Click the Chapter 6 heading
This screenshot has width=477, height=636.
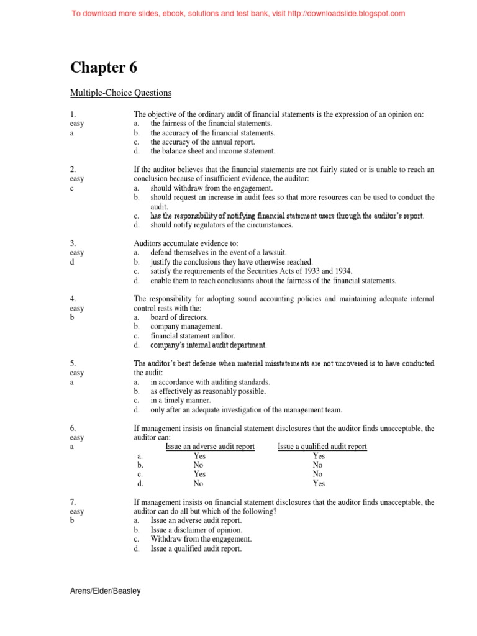pos(104,67)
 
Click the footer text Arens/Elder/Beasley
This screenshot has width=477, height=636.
pos(104,591)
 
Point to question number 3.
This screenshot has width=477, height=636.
pos(73,243)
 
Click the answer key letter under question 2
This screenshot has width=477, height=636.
pos(72,188)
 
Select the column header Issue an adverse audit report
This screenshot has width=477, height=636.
pos(210,447)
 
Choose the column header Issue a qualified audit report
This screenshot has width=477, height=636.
pos(322,447)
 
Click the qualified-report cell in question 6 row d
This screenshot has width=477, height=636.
pos(319,484)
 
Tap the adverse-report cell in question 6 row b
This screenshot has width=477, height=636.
pos(198,465)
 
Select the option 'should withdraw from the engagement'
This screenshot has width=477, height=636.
pos(211,188)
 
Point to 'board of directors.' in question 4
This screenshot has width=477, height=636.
pos(179,317)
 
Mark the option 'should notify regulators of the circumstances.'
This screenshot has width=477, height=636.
pos(221,225)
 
